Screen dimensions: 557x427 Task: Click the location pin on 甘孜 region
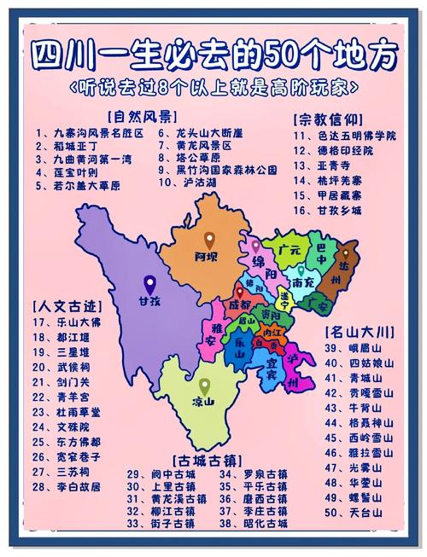tap(150, 283)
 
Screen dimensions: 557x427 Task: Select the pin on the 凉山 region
tap(204, 386)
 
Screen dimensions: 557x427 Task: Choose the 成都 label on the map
tap(240, 305)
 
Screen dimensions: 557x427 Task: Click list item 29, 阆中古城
tap(161, 474)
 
